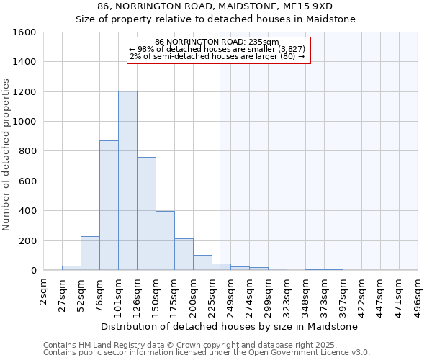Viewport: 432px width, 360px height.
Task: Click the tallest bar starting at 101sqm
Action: (x=127, y=180)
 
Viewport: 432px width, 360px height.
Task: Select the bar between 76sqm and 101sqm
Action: (x=109, y=205)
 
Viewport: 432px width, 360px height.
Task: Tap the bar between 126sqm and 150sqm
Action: (x=146, y=213)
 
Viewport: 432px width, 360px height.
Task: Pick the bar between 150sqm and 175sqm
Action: (x=165, y=240)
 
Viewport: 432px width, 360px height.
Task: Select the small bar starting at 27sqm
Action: (x=71, y=268)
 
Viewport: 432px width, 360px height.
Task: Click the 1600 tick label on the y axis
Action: (x=24, y=32)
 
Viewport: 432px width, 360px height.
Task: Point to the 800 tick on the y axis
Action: (x=27, y=151)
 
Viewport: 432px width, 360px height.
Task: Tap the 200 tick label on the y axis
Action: (x=27, y=240)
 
